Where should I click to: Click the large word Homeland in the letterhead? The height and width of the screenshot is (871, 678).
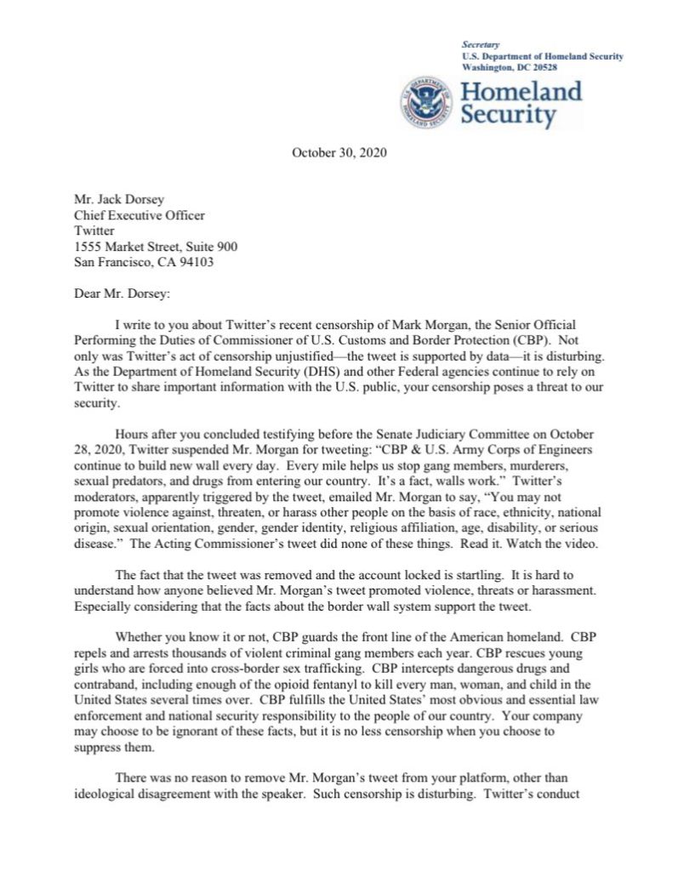click(x=521, y=91)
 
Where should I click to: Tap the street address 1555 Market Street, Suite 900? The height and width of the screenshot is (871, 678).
click(x=156, y=247)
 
